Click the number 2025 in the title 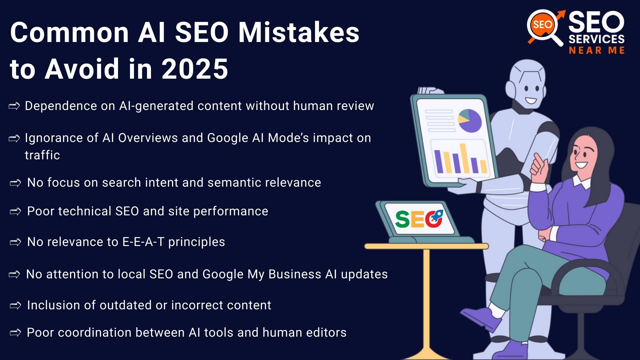pos(195,69)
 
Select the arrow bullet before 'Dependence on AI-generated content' pos(14,106)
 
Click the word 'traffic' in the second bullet pos(42,155)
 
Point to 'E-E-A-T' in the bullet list pos(143,242)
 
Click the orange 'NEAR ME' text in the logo pos(596,51)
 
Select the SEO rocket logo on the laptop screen pos(419,219)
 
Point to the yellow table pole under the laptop pos(426,300)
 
